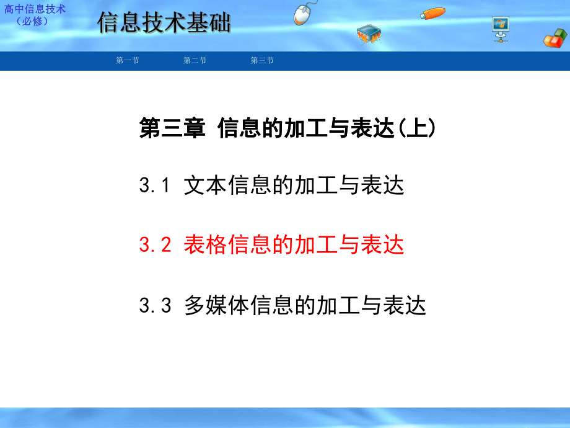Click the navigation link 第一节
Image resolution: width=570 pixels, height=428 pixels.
(x=127, y=61)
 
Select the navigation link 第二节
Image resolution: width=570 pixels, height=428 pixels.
(x=195, y=61)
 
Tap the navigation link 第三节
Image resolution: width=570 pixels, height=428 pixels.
(x=262, y=61)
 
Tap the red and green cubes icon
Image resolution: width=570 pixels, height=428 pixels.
(x=554, y=38)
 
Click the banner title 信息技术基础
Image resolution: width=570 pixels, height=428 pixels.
(x=164, y=23)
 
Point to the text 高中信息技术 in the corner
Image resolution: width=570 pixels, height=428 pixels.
(x=35, y=9)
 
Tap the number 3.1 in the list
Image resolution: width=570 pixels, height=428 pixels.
(x=155, y=185)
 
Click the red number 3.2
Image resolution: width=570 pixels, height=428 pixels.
(x=155, y=246)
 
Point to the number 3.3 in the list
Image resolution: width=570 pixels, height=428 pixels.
(x=155, y=306)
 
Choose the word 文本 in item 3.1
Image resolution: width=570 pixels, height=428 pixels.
(x=206, y=185)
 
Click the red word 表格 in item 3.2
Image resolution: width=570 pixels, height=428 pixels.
(x=206, y=246)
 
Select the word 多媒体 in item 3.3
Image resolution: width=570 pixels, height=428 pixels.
(x=217, y=306)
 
